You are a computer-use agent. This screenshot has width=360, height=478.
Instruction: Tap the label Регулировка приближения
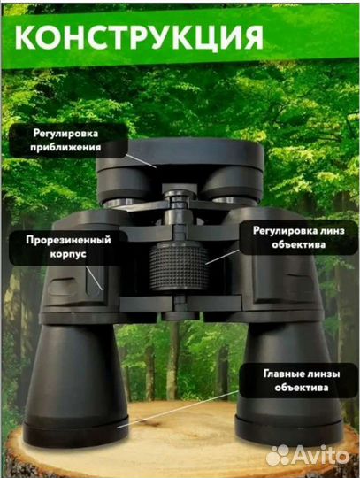65,141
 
